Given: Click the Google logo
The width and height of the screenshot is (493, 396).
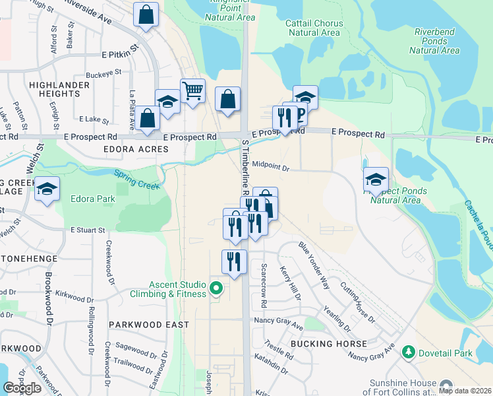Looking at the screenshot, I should pos(22,388).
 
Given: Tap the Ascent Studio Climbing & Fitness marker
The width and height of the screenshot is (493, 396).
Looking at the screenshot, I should pos(216,288).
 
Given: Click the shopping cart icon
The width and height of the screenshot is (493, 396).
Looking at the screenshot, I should pos(192,90).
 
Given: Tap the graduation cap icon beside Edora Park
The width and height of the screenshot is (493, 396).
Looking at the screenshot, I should pos(47,189).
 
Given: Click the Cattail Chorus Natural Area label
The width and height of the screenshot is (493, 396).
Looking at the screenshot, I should pos(313,28).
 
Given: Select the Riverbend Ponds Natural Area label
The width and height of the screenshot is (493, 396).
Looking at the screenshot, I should pos(436,40).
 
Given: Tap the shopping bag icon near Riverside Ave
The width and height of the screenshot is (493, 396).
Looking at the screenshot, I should pos(146,15).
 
